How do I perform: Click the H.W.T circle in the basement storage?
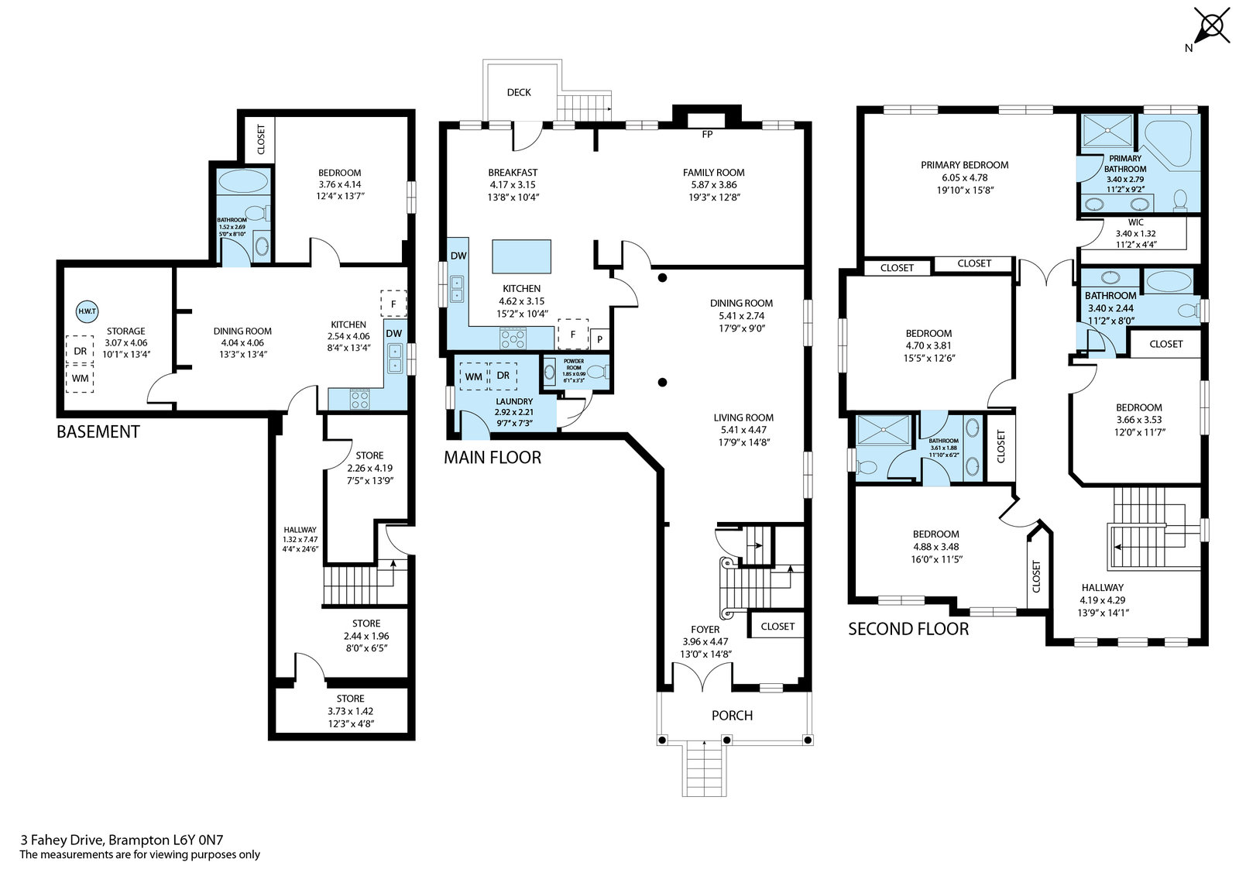click(87, 311)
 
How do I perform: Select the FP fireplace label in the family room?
click(707, 135)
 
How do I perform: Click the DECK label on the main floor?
click(519, 92)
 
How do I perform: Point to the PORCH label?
click(732, 716)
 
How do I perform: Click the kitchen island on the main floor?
click(522, 256)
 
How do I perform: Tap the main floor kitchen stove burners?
click(513, 338)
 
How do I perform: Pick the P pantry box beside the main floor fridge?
click(599, 339)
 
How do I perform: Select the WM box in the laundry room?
click(473, 377)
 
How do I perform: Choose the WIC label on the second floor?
click(1135, 222)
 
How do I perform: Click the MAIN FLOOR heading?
click(493, 457)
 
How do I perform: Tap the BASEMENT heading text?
click(98, 431)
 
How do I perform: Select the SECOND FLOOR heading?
click(908, 629)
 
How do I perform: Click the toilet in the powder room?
click(595, 371)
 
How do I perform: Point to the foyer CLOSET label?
click(777, 627)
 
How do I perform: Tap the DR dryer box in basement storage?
click(81, 351)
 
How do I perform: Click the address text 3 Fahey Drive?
click(62, 840)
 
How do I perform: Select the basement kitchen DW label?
click(394, 333)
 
